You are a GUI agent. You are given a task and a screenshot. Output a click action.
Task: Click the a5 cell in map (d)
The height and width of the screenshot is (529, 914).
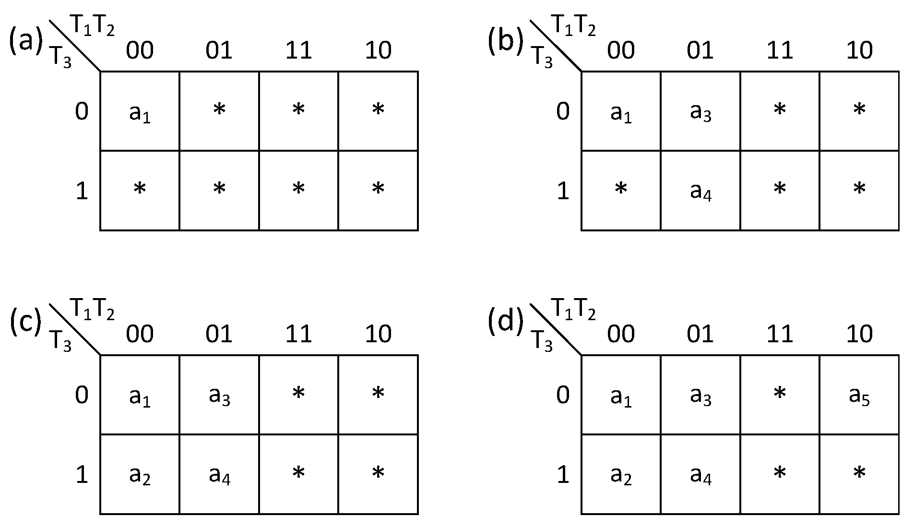859,396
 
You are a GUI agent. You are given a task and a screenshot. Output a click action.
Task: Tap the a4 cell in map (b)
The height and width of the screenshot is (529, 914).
700,191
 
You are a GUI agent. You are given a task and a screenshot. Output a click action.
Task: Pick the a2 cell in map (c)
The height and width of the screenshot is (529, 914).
140,475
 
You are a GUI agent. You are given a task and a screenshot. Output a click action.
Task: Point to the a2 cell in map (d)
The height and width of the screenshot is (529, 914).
621,475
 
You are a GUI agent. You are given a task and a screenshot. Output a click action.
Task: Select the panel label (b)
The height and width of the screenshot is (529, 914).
505,40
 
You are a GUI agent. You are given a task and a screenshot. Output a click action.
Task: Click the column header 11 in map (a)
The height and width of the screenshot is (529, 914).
298,50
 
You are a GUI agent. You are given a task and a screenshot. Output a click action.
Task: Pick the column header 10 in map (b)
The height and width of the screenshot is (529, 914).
859,50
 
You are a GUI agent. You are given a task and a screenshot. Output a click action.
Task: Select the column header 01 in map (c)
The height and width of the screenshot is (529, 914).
219,334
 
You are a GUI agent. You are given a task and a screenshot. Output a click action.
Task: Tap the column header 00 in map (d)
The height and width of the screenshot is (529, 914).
621,334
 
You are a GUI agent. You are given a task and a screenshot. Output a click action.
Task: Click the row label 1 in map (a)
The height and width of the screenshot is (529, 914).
82,191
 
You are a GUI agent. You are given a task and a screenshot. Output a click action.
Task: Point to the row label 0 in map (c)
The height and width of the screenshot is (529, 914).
82,396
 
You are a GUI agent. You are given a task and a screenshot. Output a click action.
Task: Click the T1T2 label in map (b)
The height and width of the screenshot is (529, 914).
574,26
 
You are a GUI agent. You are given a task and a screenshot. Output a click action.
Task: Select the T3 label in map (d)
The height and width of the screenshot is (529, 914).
542,342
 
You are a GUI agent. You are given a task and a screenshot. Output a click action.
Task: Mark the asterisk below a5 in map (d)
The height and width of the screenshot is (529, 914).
859,474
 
